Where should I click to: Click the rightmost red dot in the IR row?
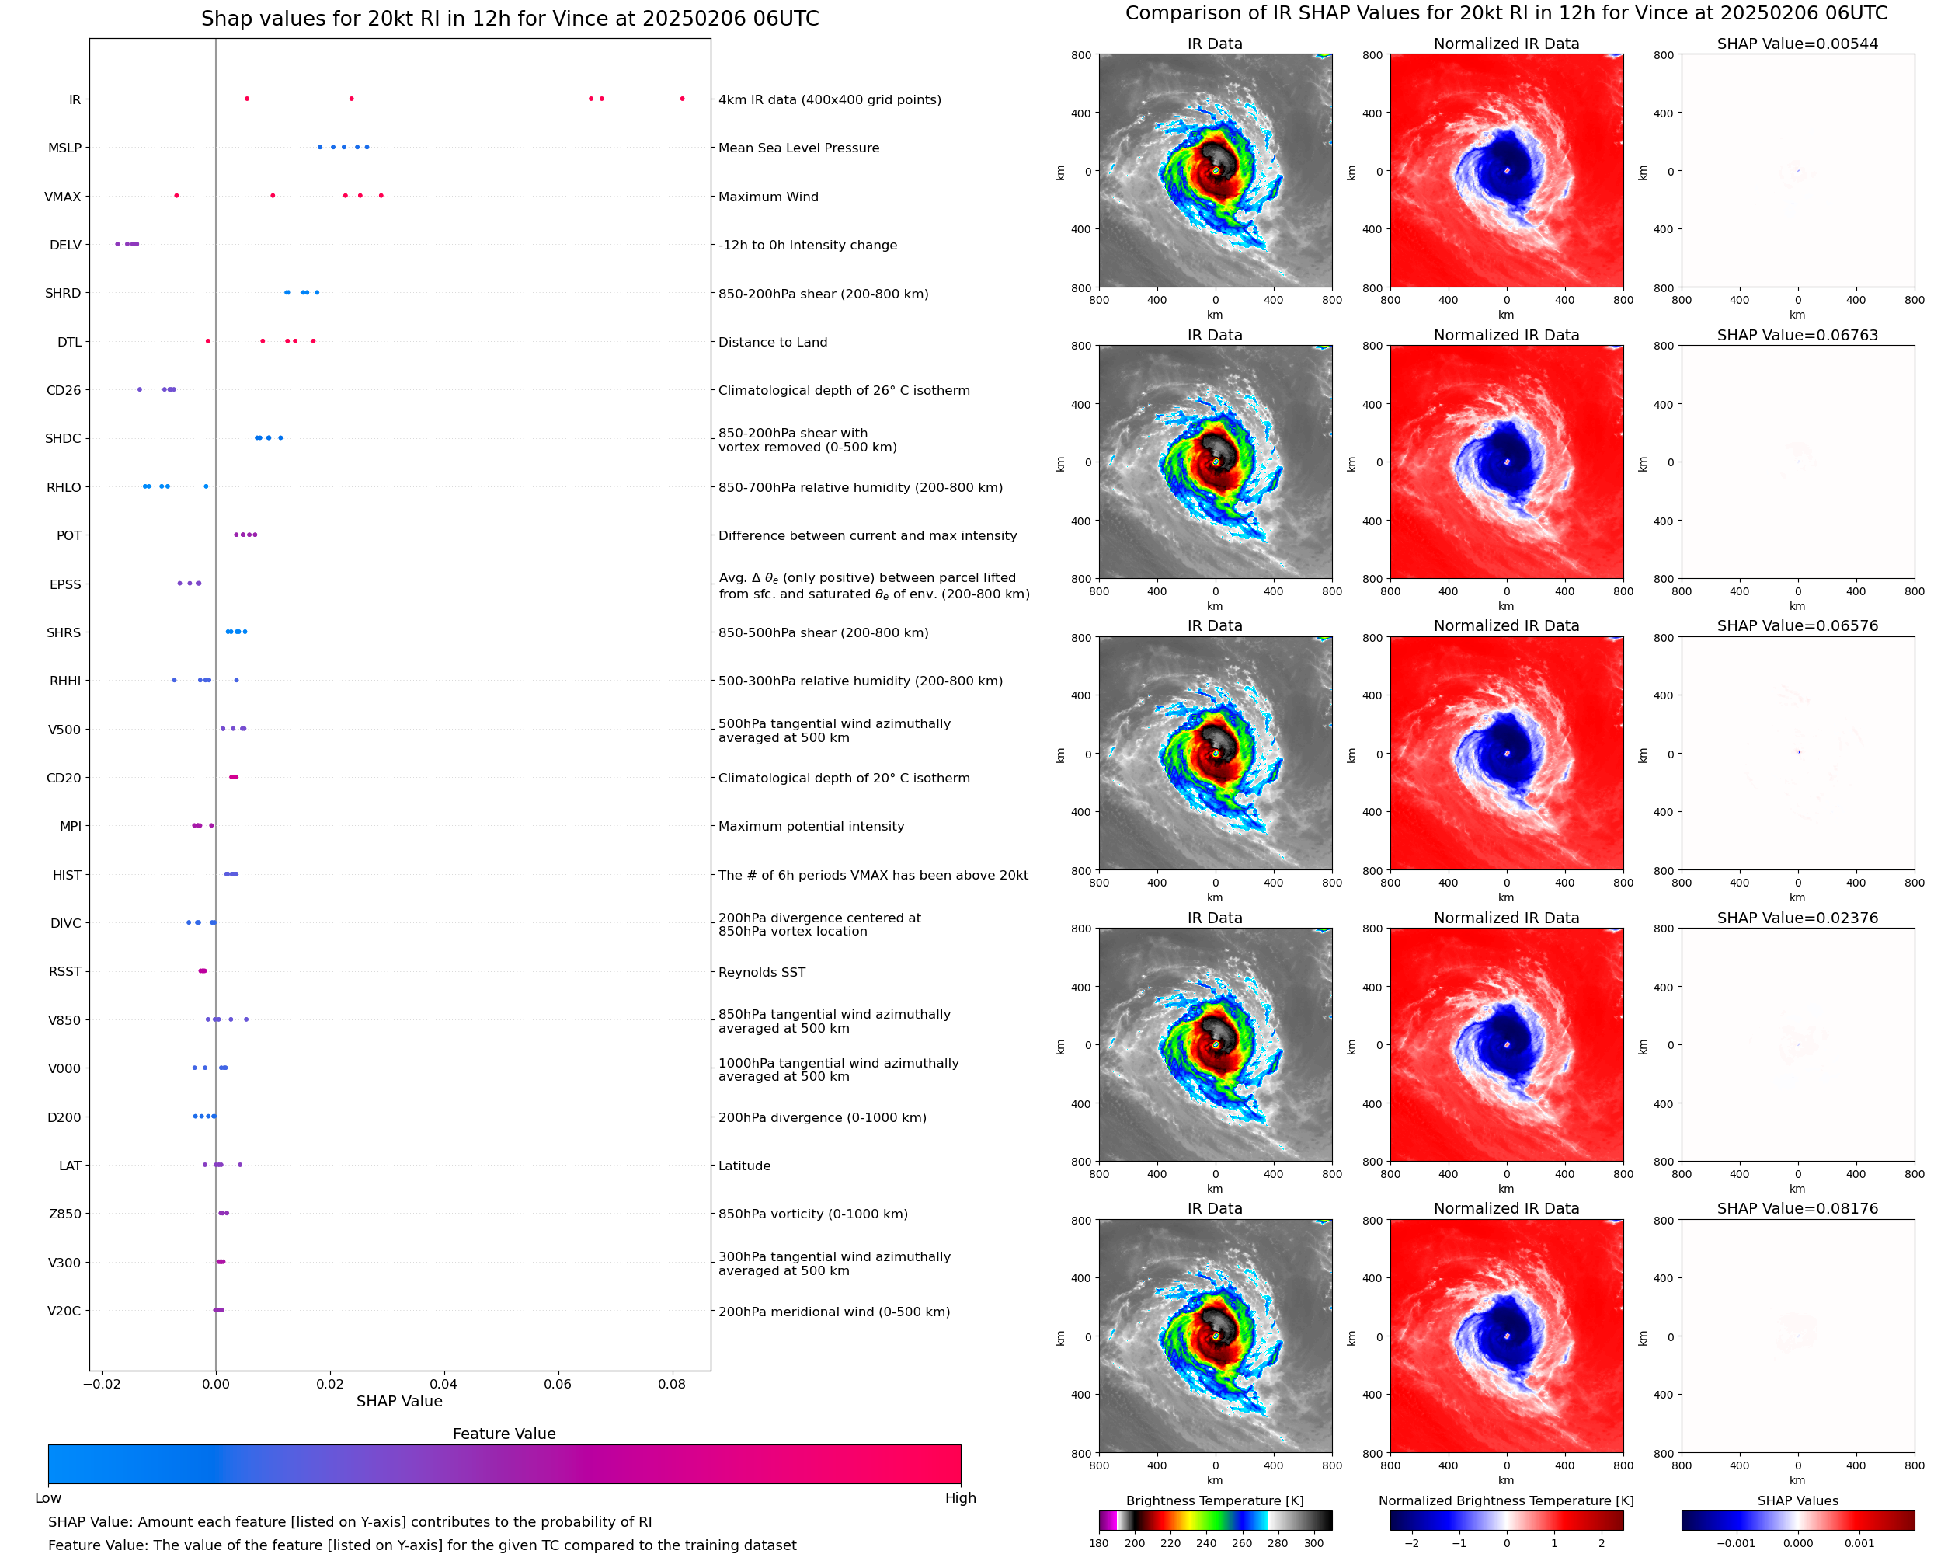click(x=682, y=99)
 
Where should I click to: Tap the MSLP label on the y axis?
click(x=64, y=148)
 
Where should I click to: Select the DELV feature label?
click(x=65, y=246)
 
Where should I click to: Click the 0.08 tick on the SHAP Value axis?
click(x=671, y=1384)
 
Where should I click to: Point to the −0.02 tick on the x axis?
click(x=102, y=1384)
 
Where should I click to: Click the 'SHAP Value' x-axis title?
click(x=399, y=1402)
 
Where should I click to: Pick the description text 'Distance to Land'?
click(x=772, y=343)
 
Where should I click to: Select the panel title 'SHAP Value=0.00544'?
click(x=1797, y=44)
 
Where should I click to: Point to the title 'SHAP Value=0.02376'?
click(x=1797, y=918)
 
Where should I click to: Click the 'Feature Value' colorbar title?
click(x=503, y=1434)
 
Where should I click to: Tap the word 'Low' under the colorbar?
click(x=47, y=1498)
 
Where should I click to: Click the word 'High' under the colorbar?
click(x=960, y=1498)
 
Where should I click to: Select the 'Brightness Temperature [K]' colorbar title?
click(x=1214, y=1500)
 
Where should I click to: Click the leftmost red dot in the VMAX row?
click(x=176, y=196)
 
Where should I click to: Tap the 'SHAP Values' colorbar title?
click(x=1797, y=1500)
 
